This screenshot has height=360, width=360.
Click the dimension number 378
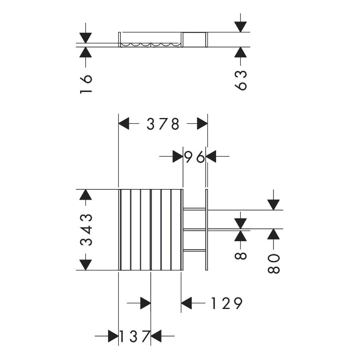(x=163, y=124)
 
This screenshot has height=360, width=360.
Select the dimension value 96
(x=195, y=157)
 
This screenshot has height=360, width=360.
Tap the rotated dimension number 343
(x=87, y=230)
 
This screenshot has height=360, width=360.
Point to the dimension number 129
(x=226, y=304)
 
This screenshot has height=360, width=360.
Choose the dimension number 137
(x=134, y=336)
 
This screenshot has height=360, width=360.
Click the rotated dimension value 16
(x=86, y=84)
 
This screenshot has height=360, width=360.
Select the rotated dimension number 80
(x=274, y=263)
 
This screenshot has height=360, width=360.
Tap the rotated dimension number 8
(x=241, y=254)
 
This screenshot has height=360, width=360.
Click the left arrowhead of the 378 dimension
(x=124, y=124)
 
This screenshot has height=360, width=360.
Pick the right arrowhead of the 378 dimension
(x=202, y=124)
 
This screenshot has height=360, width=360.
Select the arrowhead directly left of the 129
(x=187, y=304)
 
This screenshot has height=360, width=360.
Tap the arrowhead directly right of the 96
(x=210, y=157)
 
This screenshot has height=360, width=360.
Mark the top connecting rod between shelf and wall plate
(x=194, y=209)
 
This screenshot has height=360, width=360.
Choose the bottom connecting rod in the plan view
(x=194, y=250)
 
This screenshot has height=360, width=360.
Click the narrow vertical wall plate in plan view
(x=207, y=230)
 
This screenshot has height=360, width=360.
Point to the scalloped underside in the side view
(x=151, y=45)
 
